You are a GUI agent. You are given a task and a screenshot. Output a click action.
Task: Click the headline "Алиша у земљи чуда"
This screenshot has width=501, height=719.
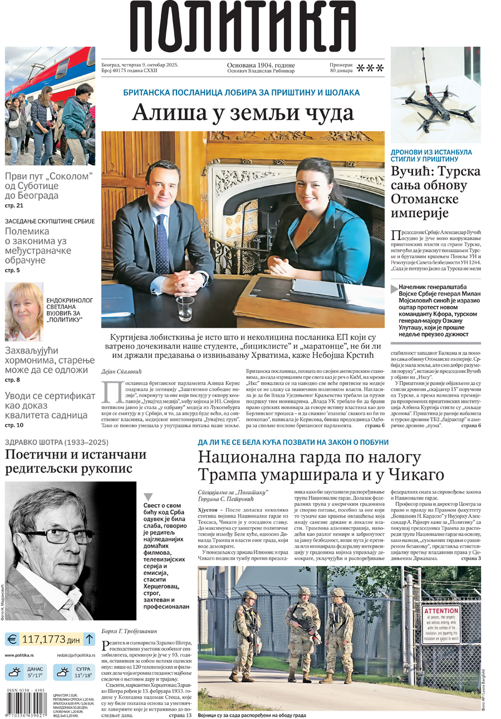pyautogui.click(x=243, y=112)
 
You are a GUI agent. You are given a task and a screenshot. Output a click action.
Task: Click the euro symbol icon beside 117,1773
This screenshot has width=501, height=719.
pyautogui.click(x=13, y=639)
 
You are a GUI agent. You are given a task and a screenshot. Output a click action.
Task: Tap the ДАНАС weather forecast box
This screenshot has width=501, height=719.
pyautogui.click(x=27, y=672)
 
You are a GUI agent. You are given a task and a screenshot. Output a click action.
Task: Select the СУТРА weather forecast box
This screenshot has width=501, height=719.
pyautogui.click(x=73, y=672)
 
